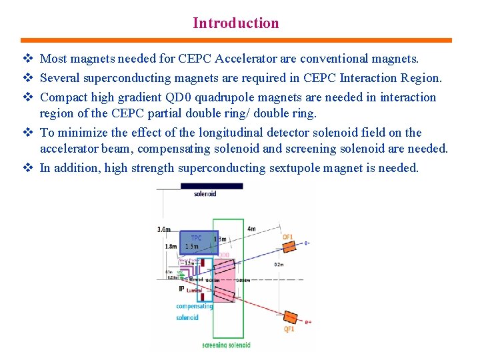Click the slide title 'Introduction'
[236, 23]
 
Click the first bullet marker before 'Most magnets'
[27, 60]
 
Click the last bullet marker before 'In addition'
[27, 168]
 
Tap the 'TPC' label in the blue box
[197, 238]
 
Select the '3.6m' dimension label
[163, 229]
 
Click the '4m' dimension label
[251, 229]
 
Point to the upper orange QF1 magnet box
[289, 246]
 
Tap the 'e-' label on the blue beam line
[307, 242]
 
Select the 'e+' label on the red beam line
[308, 323]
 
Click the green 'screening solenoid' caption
[226, 345]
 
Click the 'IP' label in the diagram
[181, 289]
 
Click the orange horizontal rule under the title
[236, 40]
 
